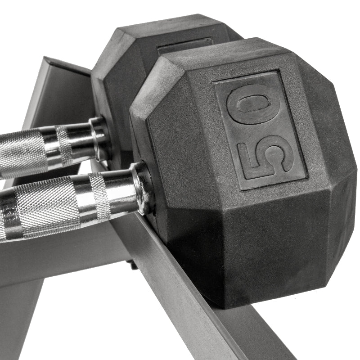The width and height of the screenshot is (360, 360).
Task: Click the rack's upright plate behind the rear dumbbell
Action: coord(58,90)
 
